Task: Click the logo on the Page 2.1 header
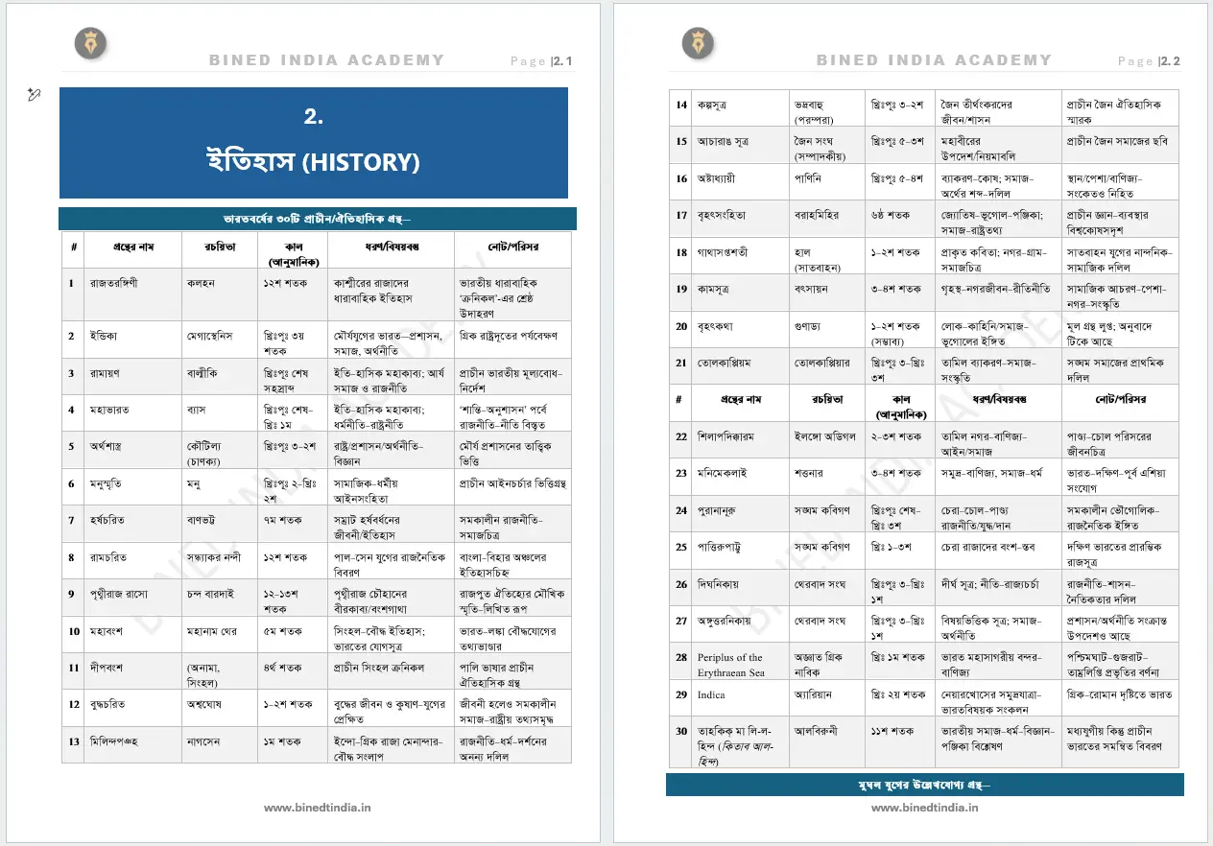91,43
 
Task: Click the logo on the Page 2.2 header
698,43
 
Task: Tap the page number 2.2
1170,61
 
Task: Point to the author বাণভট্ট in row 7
208,520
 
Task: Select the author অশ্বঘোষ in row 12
209,705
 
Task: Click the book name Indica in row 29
711,694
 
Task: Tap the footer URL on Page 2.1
318,808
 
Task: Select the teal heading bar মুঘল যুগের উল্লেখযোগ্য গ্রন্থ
925,785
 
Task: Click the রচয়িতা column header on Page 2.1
220,247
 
